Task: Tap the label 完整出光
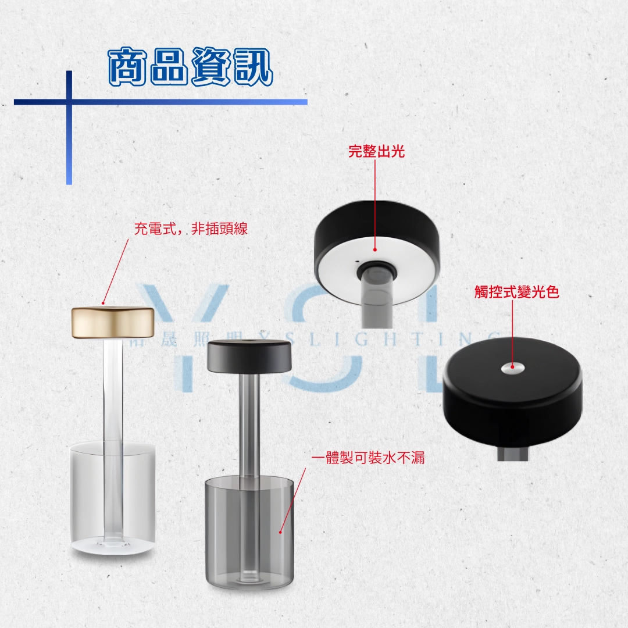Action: (376, 152)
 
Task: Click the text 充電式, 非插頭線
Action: (191, 229)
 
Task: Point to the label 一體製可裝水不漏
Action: (368, 458)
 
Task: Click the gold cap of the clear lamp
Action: (113, 321)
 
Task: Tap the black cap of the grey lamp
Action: (249, 356)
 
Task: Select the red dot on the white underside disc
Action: (375, 249)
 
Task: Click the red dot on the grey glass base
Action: (280, 531)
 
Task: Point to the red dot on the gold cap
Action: (102, 303)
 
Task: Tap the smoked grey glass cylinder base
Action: (249, 529)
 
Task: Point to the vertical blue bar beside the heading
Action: (69, 145)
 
